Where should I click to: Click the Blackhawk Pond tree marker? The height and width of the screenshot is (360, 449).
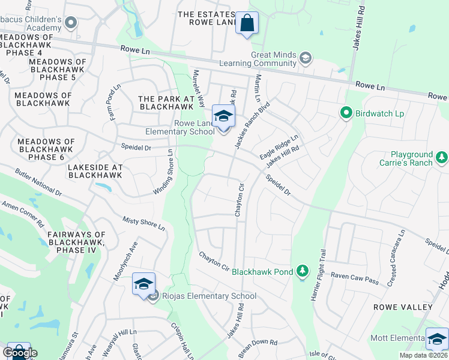303,272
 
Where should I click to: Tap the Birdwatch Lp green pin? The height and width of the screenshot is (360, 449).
346,112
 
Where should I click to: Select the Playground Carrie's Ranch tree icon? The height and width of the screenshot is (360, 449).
442,158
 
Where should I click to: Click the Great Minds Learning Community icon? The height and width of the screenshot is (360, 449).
306,58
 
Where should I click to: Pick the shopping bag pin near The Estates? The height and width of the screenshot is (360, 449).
247,23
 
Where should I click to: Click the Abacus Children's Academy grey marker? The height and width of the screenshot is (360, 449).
71,23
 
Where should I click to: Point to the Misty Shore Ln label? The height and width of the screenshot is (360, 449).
143,223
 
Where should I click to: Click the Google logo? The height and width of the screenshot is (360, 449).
20,352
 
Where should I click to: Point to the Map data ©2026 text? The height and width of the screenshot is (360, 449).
424,355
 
